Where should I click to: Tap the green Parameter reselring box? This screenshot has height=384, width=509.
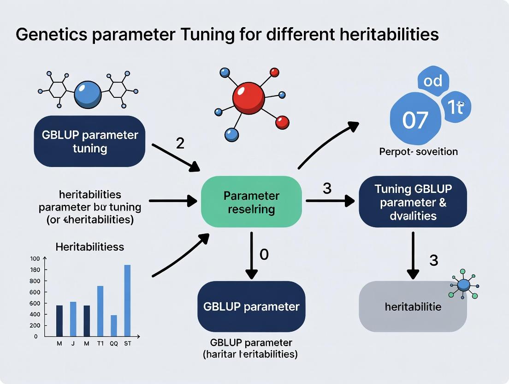point(251,202)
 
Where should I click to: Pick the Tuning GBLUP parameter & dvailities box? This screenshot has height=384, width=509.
point(413,202)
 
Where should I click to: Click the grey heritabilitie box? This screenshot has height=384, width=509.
point(413,306)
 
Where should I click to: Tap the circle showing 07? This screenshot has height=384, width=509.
point(415,120)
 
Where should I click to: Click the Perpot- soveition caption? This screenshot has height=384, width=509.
point(418,151)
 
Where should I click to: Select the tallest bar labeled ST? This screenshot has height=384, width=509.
point(127,300)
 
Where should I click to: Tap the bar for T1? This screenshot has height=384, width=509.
point(100,311)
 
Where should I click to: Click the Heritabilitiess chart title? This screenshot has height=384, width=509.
point(89,247)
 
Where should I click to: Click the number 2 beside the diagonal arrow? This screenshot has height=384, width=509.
point(180,143)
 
